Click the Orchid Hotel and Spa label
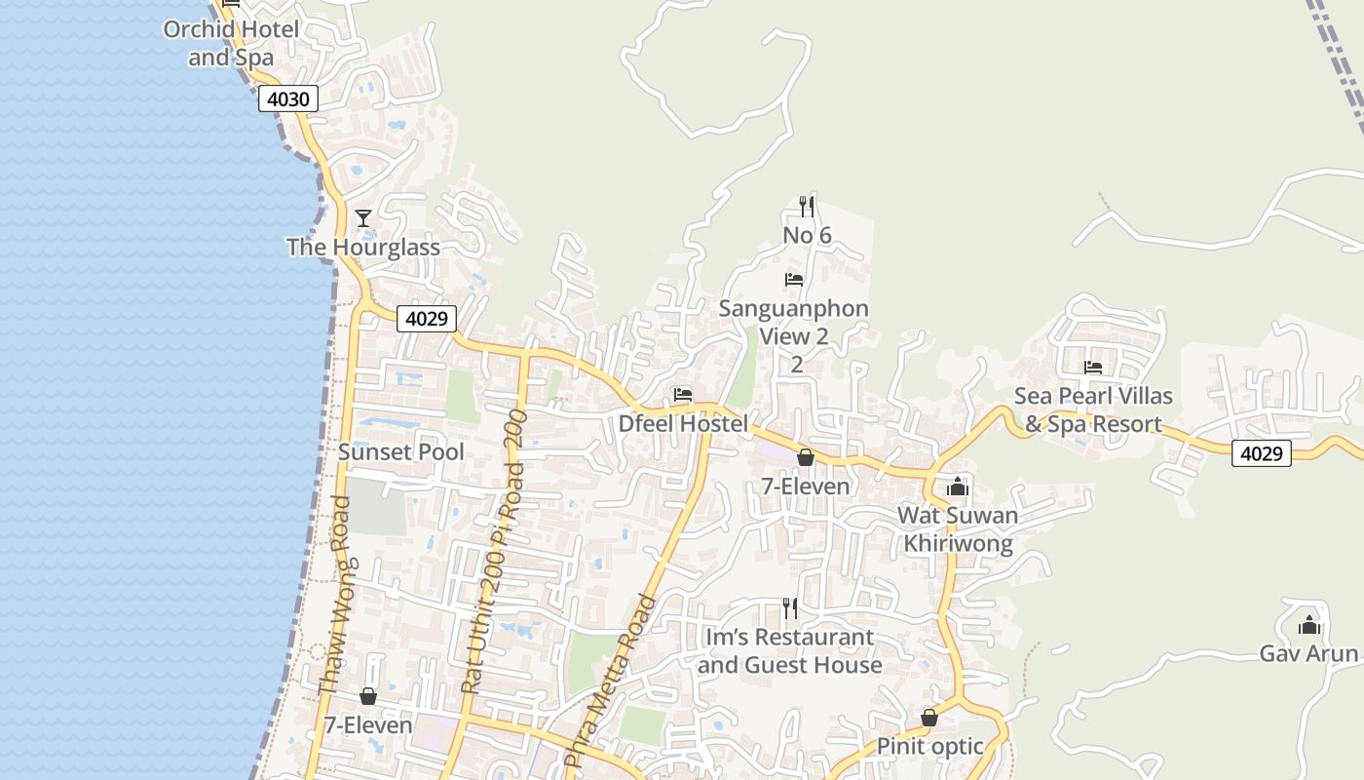point(232,43)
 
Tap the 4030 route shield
point(288,98)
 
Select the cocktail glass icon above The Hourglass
point(363,217)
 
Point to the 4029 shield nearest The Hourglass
point(427,319)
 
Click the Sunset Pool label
point(401,452)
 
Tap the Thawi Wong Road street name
point(334,595)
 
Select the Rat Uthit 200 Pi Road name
point(494,552)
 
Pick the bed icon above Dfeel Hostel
point(683,395)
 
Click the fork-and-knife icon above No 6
point(807,206)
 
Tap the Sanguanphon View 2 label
point(794,323)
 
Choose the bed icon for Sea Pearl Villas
point(1093,368)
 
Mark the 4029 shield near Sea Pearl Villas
point(1262,452)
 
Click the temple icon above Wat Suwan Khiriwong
point(958,486)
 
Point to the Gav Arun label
point(1308,653)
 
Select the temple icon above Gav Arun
point(1308,624)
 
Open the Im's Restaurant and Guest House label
point(789,651)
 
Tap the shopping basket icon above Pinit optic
point(929,718)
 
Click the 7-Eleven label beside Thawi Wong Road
point(368,725)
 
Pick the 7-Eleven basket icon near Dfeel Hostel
point(806,456)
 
